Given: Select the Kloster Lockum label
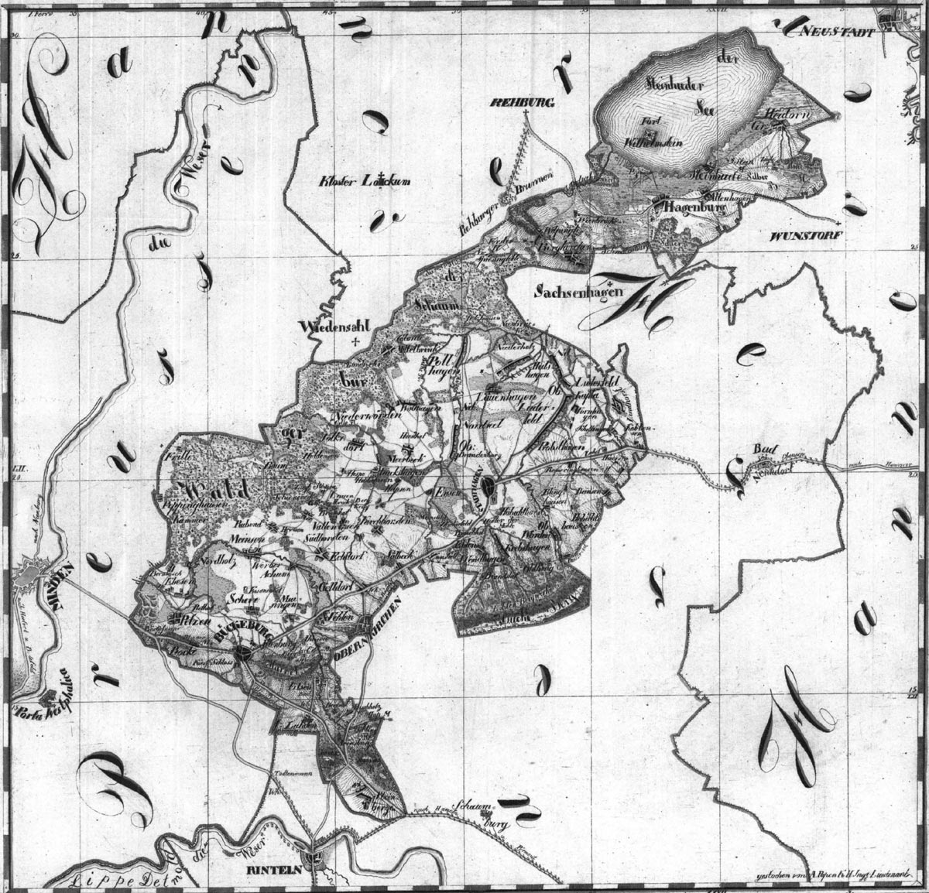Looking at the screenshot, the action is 364,182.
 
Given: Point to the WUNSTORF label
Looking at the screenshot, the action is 806,233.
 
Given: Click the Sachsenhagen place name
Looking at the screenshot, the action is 574,293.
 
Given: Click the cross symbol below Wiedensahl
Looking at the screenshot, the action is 355,340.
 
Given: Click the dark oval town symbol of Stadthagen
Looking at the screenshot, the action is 488,488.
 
